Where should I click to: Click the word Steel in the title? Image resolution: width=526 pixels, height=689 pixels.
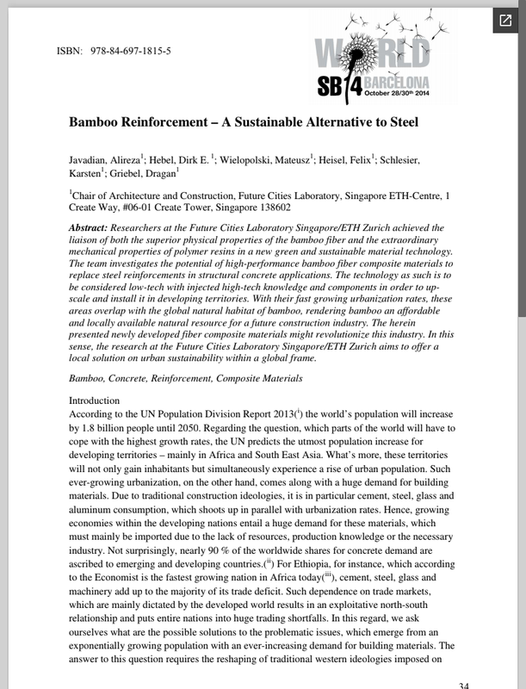[399, 122]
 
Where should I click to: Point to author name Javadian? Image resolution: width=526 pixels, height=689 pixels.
[91, 161]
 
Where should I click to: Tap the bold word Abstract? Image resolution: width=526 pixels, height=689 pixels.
[91, 227]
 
